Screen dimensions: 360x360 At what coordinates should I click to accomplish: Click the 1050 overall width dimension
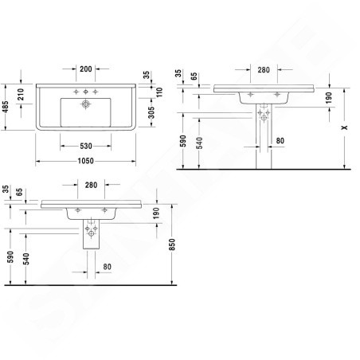[x=86, y=161]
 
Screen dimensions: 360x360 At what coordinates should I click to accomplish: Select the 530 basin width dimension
[x=86, y=146]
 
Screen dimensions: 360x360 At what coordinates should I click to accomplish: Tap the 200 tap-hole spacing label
[x=86, y=69]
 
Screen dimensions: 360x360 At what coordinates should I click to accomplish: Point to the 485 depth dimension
[x=5, y=107]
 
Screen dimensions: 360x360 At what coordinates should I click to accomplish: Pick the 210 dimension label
[x=21, y=94]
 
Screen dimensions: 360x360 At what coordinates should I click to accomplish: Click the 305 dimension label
[x=151, y=112]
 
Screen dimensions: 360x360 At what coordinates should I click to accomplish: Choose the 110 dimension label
[x=159, y=92]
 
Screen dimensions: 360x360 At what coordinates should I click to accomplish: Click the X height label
[x=344, y=127]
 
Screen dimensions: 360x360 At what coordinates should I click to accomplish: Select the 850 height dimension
[x=172, y=245]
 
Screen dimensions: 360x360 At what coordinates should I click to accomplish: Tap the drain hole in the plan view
[x=85, y=104]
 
